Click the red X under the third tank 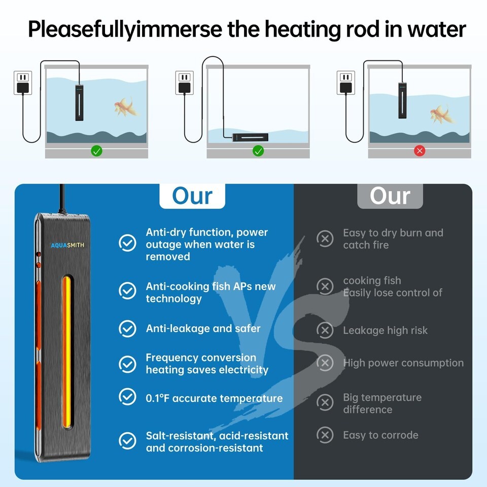pos(419,151)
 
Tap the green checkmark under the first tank pos(96,151)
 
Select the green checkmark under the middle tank pos(258,151)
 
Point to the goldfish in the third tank pos(440,114)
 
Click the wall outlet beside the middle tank pos(184,83)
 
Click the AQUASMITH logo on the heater pos(67,246)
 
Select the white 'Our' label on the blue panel pos(192,196)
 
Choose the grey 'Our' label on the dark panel pos(390,196)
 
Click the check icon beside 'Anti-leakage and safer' pos(127,328)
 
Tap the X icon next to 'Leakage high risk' pos(325,330)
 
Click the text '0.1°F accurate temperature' pos(214,398)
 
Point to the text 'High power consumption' pos(403,363)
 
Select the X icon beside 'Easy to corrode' pos(325,435)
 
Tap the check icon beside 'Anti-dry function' pos(127,243)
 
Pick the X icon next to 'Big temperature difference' pos(325,403)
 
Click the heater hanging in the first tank pos(80,102)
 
